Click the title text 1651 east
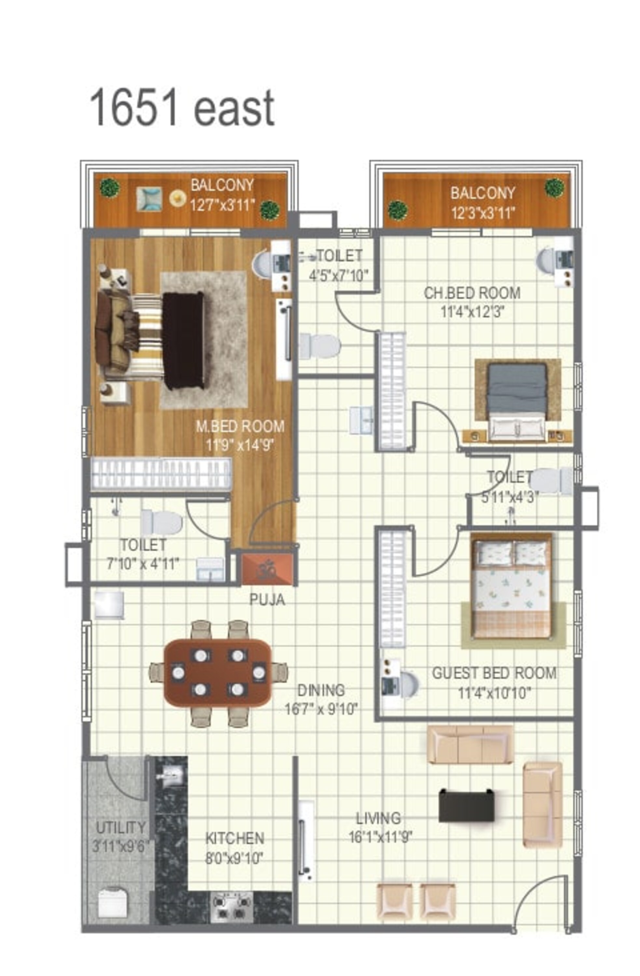pyautogui.click(x=182, y=107)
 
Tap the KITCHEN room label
pyautogui.click(x=234, y=838)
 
